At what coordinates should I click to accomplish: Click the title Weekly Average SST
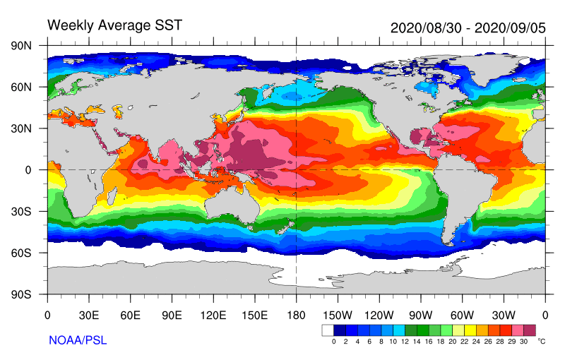coord(114,25)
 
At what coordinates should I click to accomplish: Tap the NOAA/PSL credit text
coord(77,340)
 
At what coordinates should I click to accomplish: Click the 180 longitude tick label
coord(296,314)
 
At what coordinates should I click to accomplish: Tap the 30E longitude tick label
coord(89,314)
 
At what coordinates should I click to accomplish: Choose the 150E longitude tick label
coord(254,314)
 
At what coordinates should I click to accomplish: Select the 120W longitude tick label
coord(379,314)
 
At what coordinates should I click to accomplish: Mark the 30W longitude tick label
coord(503,314)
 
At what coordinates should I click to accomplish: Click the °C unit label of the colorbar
coord(542,342)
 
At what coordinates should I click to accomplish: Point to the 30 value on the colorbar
coord(524,342)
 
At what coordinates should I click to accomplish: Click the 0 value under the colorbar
coord(333,342)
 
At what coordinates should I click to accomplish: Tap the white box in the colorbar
coord(328,330)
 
